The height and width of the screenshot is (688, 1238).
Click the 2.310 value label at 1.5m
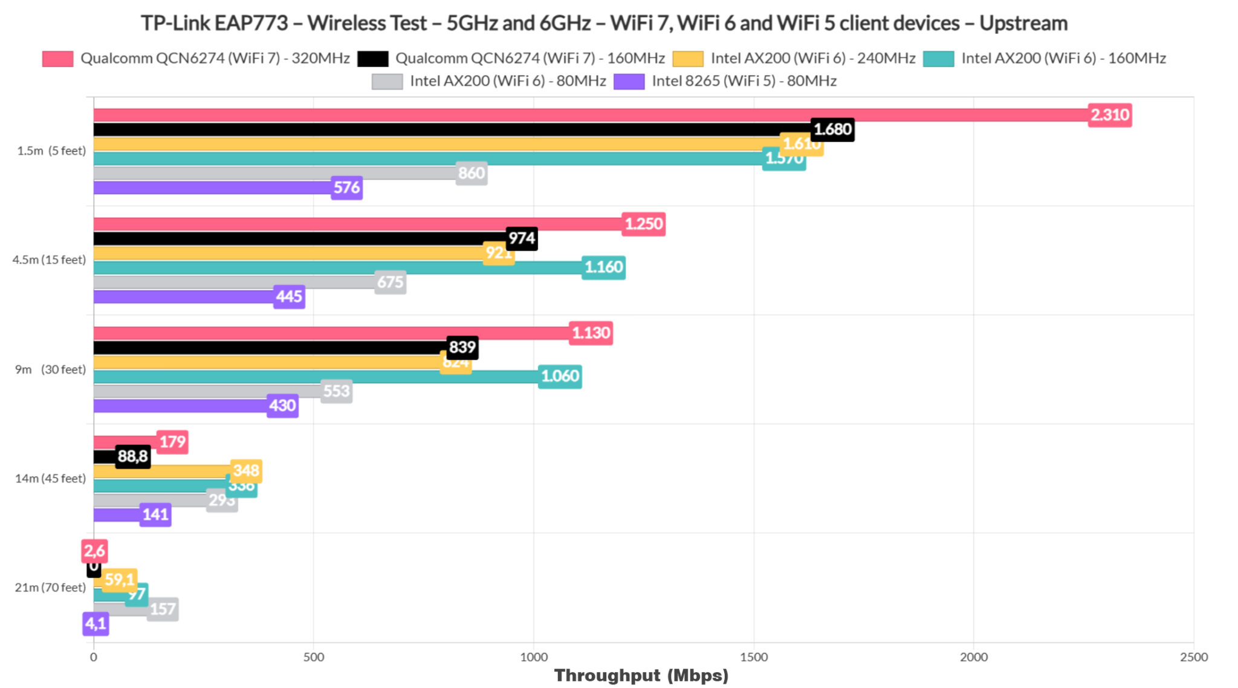(1109, 115)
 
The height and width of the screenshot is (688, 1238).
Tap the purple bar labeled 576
(212, 187)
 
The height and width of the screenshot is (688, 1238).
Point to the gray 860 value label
(472, 174)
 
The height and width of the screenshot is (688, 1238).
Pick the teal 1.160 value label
(603, 267)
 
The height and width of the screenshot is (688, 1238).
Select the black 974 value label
(522, 238)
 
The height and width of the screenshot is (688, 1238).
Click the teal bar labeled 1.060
(314, 377)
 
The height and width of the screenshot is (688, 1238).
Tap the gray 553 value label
(336, 391)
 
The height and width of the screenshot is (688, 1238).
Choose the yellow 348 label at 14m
(246, 470)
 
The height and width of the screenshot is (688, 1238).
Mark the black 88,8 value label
(132, 456)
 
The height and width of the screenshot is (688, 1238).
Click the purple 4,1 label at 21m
(96, 623)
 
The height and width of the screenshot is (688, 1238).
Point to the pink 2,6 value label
(94, 551)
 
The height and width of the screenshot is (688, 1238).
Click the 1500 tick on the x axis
(754, 657)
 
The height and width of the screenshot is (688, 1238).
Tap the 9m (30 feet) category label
(50, 369)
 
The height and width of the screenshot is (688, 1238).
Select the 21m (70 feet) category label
(50, 587)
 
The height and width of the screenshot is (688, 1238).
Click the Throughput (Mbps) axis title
(641, 675)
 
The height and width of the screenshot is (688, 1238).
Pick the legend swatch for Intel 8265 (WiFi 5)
(629, 81)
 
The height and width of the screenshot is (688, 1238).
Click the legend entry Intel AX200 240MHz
(812, 58)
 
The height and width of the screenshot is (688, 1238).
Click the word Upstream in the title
(1023, 23)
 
